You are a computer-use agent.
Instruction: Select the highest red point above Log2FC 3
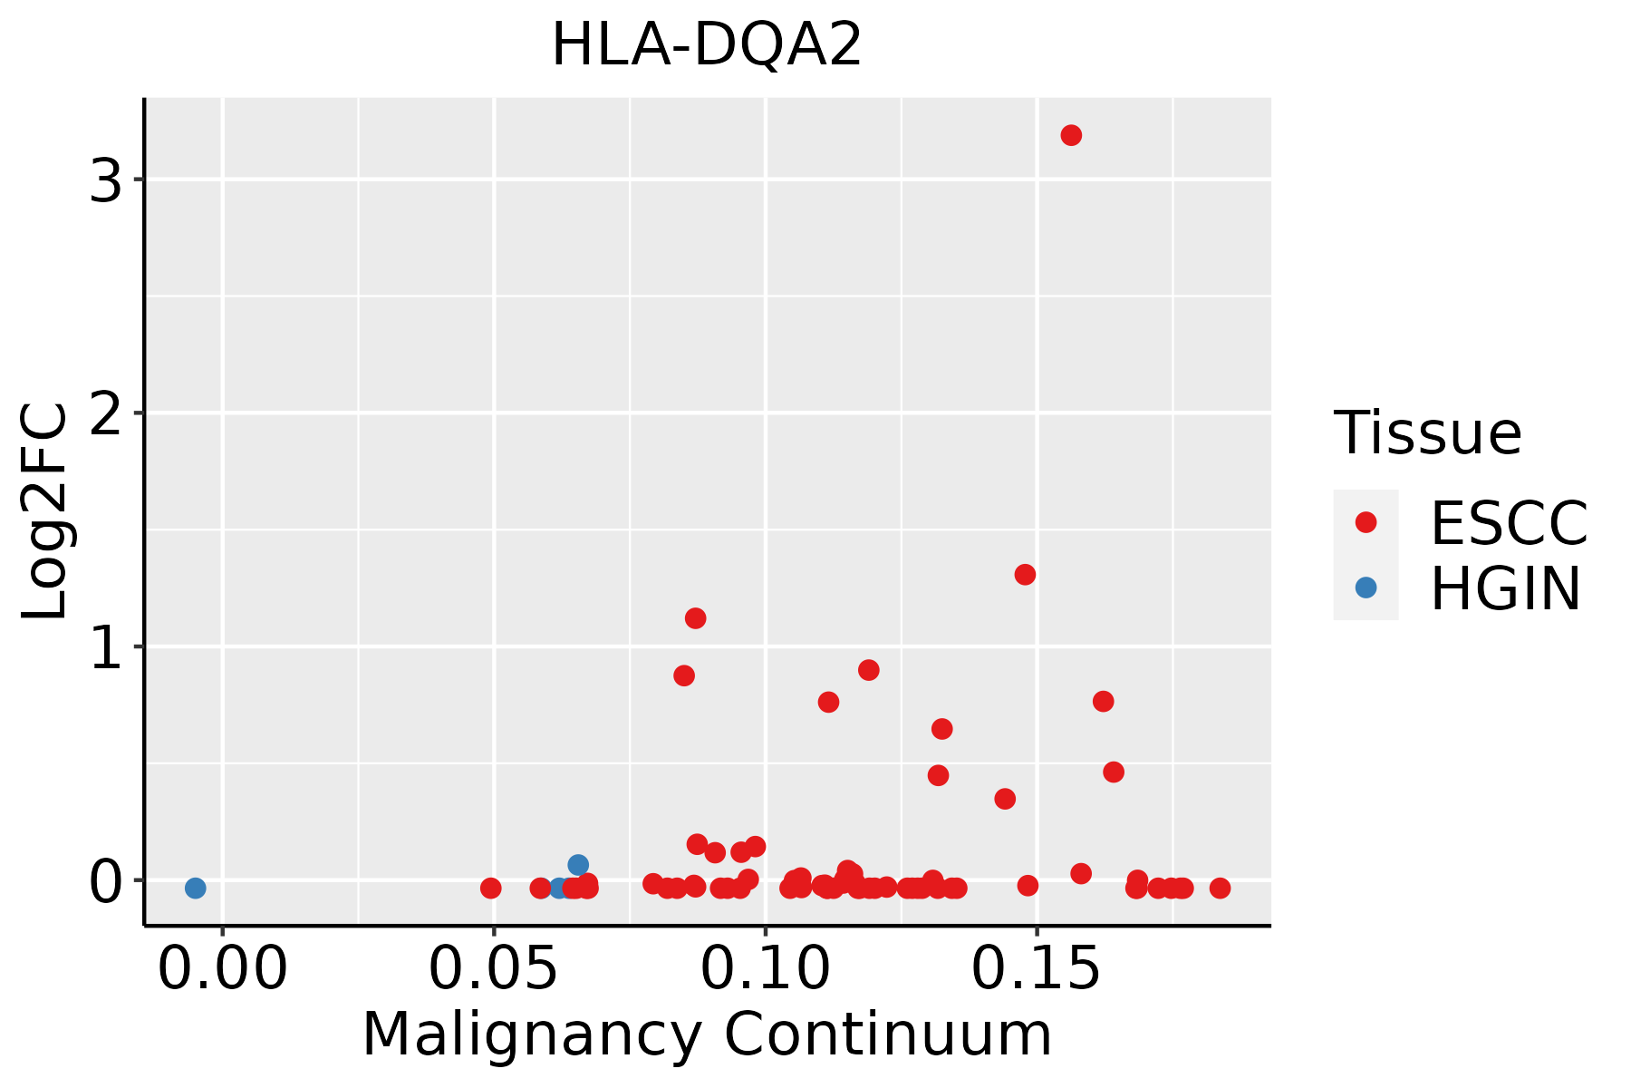pyautogui.click(x=1071, y=135)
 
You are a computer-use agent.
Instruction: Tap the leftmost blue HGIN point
pyautogui.click(x=195, y=888)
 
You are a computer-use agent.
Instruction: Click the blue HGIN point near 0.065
pyautogui.click(x=578, y=865)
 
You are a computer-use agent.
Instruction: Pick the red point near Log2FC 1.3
pyautogui.click(x=1025, y=574)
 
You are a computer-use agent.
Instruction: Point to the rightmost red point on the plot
pyautogui.click(x=1220, y=888)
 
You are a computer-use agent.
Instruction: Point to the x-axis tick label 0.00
pyautogui.click(x=223, y=968)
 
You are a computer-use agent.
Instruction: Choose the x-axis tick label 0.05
pyautogui.click(x=494, y=968)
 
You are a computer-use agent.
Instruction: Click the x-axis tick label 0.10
pyautogui.click(x=766, y=968)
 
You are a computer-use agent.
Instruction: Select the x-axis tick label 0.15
pyautogui.click(x=1037, y=968)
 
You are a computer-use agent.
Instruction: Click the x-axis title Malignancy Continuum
pyautogui.click(x=707, y=1035)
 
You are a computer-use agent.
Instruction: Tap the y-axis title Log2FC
pyautogui.click(x=45, y=511)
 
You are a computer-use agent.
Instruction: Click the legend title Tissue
pyautogui.click(x=1428, y=432)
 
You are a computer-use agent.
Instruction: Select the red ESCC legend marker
pyautogui.click(x=1366, y=521)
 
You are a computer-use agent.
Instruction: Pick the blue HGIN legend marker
pyautogui.click(x=1366, y=588)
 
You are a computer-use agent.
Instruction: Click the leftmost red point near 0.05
pyautogui.click(x=490, y=888)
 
